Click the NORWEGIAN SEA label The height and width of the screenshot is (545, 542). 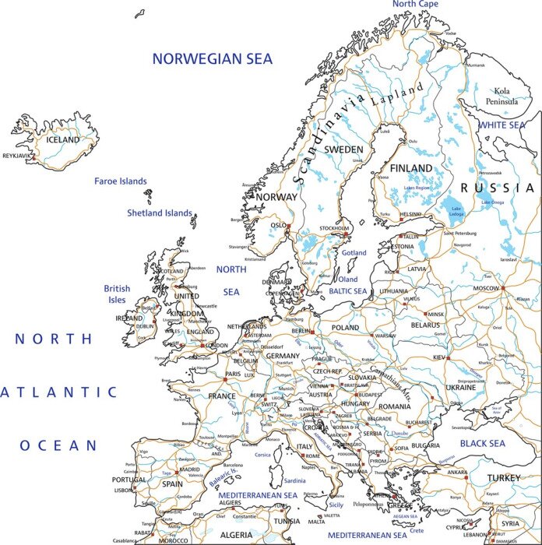[212, 58]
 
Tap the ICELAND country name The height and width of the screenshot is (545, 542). [63, 140]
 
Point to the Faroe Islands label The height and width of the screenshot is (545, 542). [121, 181]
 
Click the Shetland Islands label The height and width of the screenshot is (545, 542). [160, 213]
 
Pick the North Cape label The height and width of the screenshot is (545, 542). [415, 5]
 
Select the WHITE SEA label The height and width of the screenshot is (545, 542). [502, 125]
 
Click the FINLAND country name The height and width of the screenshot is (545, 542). [410, 168]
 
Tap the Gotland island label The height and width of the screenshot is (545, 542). [353, 253]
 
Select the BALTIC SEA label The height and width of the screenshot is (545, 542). [347, 291]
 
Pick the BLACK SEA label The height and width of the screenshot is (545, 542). [482, 443]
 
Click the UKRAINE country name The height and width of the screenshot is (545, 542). [460, 387]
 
